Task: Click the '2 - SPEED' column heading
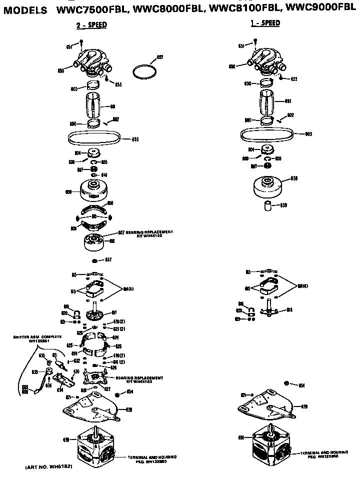[91, 24]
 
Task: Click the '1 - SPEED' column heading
[265, 23]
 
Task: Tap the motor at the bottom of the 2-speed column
[96, 444]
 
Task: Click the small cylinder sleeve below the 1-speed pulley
[269, 206]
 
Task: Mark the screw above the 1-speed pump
[255, 41]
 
